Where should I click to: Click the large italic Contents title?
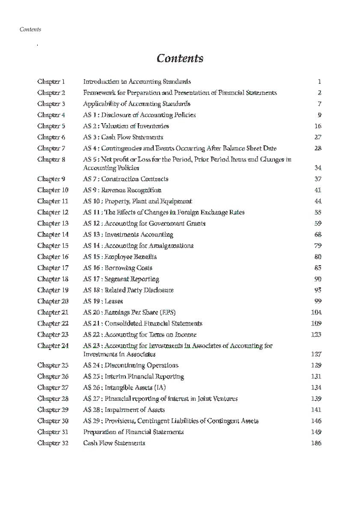coord(180,58)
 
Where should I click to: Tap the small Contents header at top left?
coord(30,30)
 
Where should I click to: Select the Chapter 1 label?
coord(51,81)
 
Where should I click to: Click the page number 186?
coord(316,443)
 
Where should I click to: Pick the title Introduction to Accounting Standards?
coord(137,81)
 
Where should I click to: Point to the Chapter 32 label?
coord(53,443)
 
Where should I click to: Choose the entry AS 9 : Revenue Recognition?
coord(122,190)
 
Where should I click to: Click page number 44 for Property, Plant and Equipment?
coord(318,201)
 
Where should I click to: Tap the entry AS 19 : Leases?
coord(103,301)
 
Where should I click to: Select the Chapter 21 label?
coord(53,312)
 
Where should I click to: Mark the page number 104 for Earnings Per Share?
coord(316,312)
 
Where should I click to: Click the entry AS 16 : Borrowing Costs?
coord(118,268)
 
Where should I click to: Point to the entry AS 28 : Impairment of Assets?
coord(124,410)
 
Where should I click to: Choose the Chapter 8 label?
coord(51,159)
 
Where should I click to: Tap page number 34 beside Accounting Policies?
coord(318,168)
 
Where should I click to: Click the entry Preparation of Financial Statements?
coord(134,432)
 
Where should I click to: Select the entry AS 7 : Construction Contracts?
coord(125,179)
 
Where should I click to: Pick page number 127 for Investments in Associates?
coord(316,354)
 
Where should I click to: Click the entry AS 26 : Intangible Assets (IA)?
coord(124,388)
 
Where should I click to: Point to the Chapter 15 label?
coord(53,246)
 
